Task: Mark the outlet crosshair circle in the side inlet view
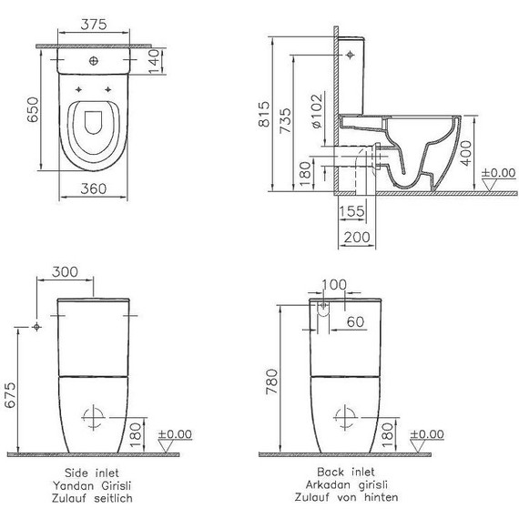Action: pos(92,418)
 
